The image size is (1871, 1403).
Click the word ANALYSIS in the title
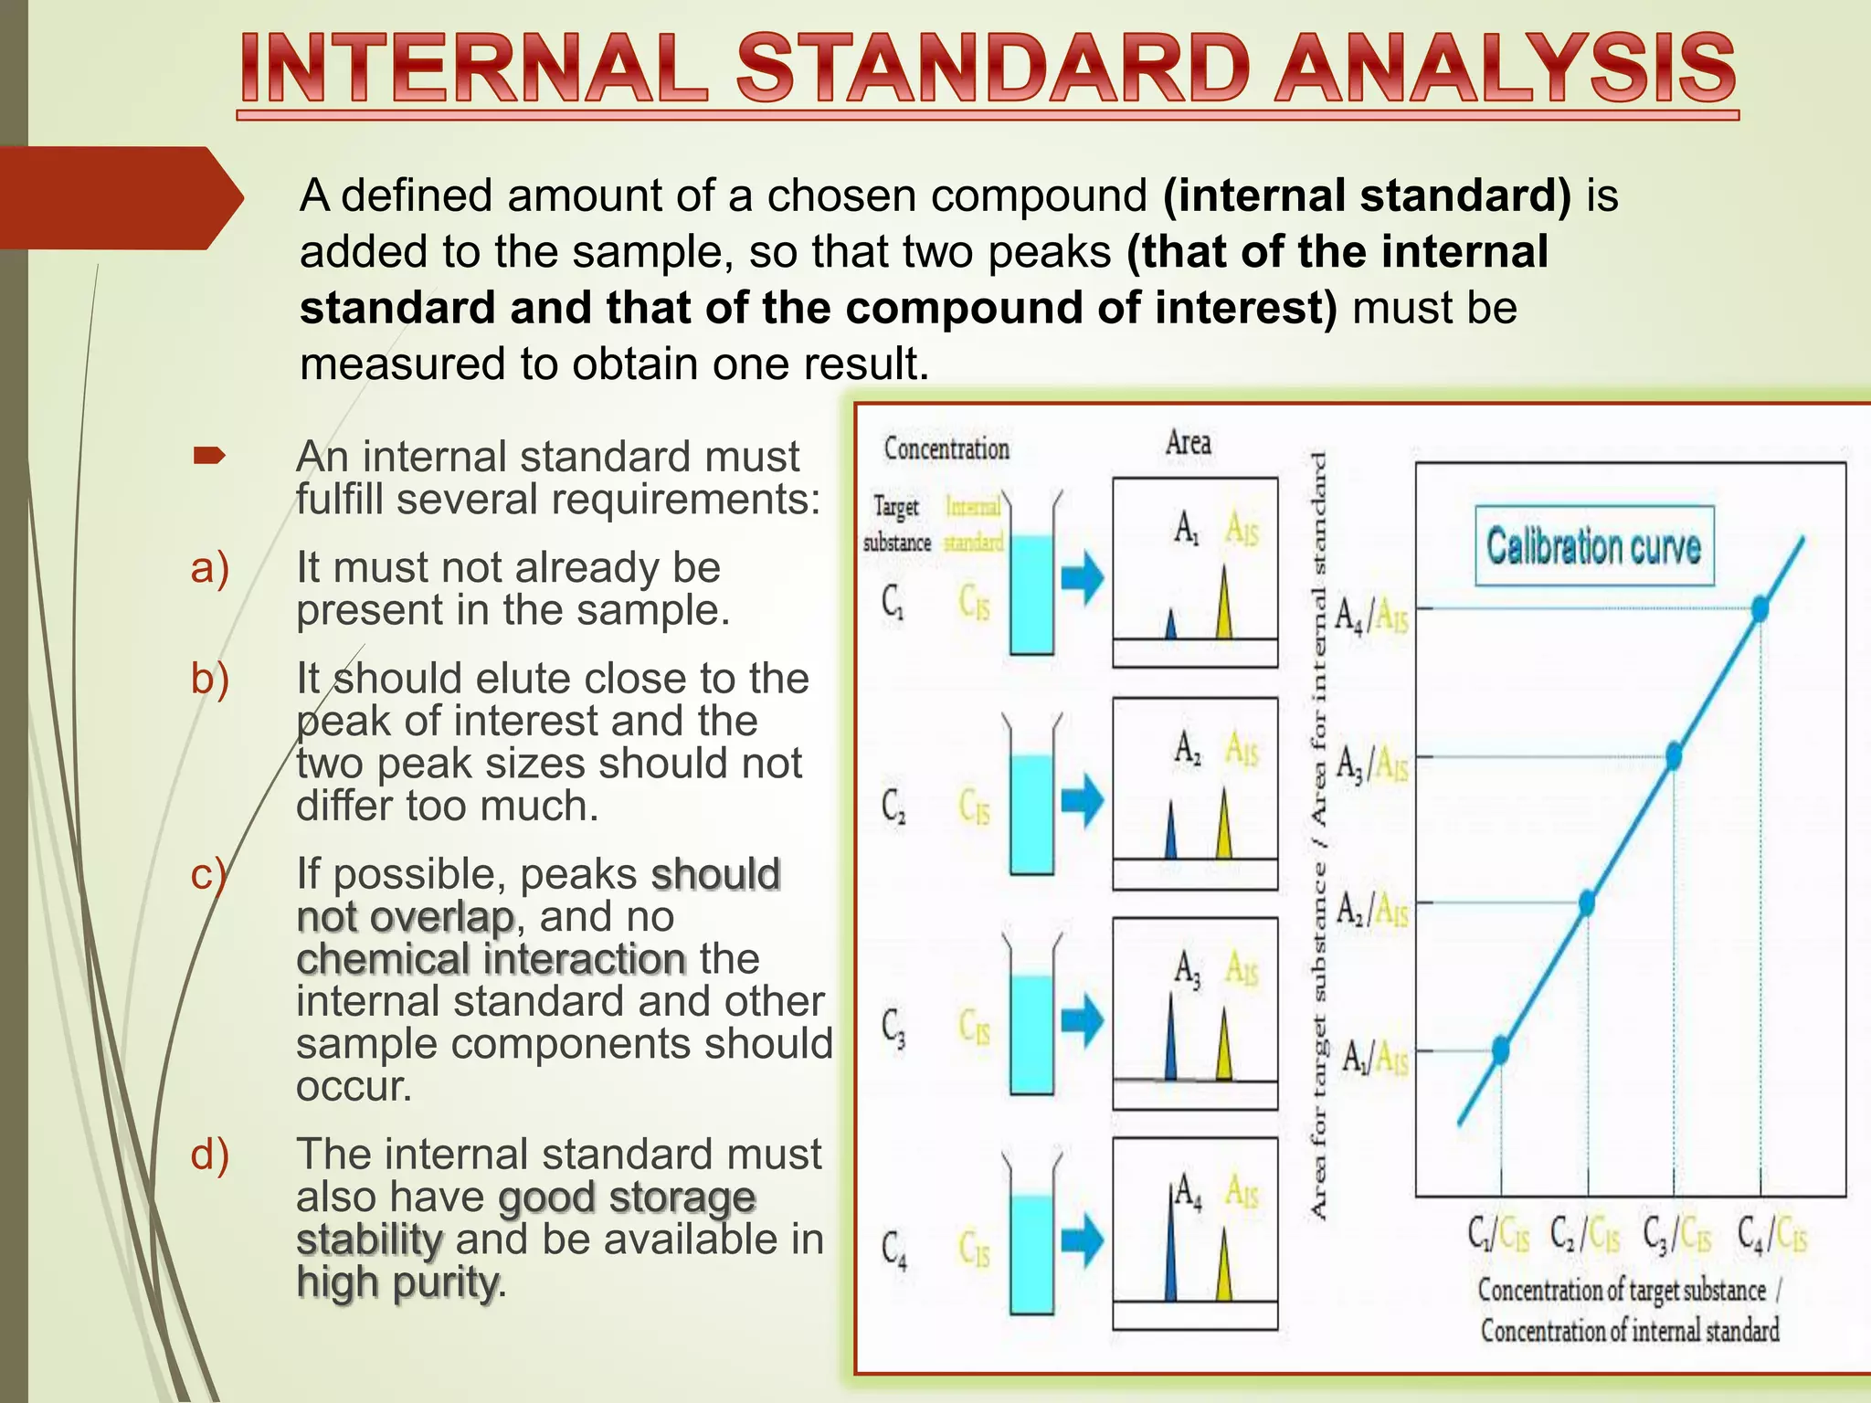[x=1505, y=69]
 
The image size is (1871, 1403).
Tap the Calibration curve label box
[x=1594, y=546]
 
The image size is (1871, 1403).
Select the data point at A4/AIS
[x=1760, y=608]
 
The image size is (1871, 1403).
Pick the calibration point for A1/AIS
[x=1500, y=1050]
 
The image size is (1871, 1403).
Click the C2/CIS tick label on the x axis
[x=1586, y=1235]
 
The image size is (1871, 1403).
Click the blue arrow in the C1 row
[x=1083, y=578]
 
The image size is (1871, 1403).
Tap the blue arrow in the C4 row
[x=1083, y=1241]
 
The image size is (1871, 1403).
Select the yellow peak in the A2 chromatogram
[x=1224, y=826]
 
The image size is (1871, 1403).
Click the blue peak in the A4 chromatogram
[x=1171, y=1247]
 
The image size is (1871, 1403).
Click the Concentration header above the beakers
[x=946, y=448]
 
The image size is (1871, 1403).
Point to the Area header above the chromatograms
[x=1188, y=443]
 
